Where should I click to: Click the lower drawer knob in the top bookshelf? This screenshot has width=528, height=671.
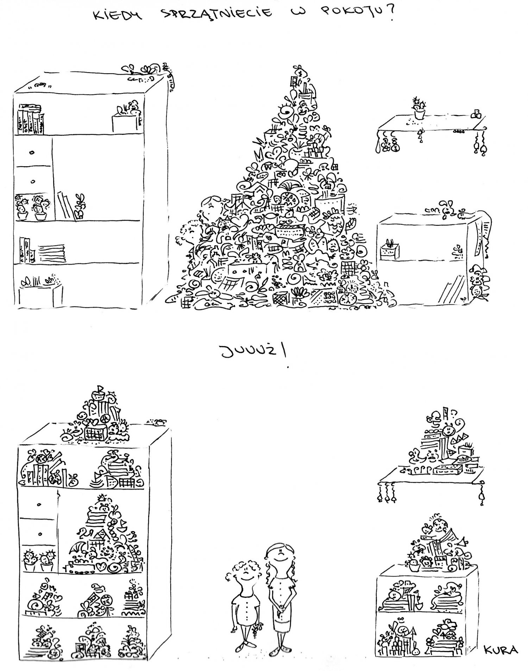pyautogui.click(x=33, y=182)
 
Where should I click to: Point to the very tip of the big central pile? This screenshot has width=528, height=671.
pyautogui.click(x=298, y=66)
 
